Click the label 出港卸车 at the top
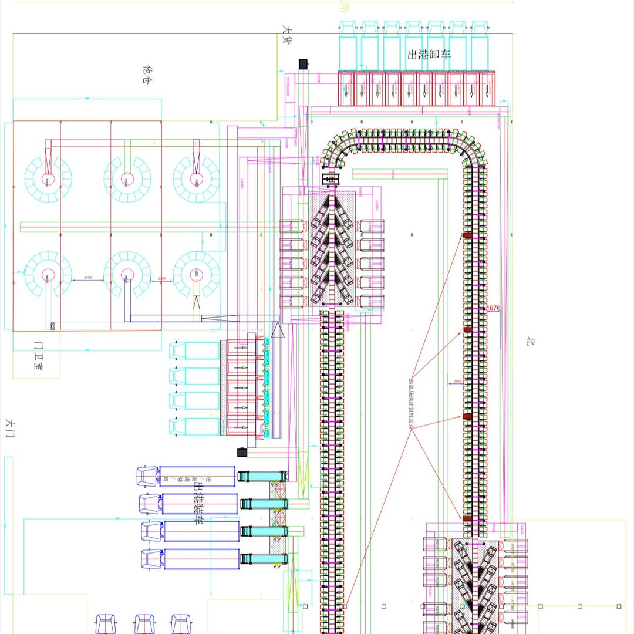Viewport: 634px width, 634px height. point(429,55)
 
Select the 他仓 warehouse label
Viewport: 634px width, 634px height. point(147,75)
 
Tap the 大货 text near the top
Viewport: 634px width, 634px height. point(286,36)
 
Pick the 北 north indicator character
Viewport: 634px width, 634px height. point(530,341)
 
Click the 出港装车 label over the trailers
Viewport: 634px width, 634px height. point(198,503)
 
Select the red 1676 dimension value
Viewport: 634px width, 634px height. point(493,308)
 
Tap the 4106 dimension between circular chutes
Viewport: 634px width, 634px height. point(87,277)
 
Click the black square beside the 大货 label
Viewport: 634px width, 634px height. point(303,63)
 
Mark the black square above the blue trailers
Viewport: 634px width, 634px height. point(241,452)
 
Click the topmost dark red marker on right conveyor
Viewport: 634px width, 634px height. point(467,235)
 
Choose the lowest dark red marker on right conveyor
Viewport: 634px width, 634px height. point(467,519)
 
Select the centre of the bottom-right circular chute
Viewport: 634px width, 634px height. point(196,275)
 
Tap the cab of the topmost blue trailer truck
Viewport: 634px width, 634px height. point(148,476)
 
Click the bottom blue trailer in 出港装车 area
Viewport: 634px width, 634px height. point(201,559)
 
